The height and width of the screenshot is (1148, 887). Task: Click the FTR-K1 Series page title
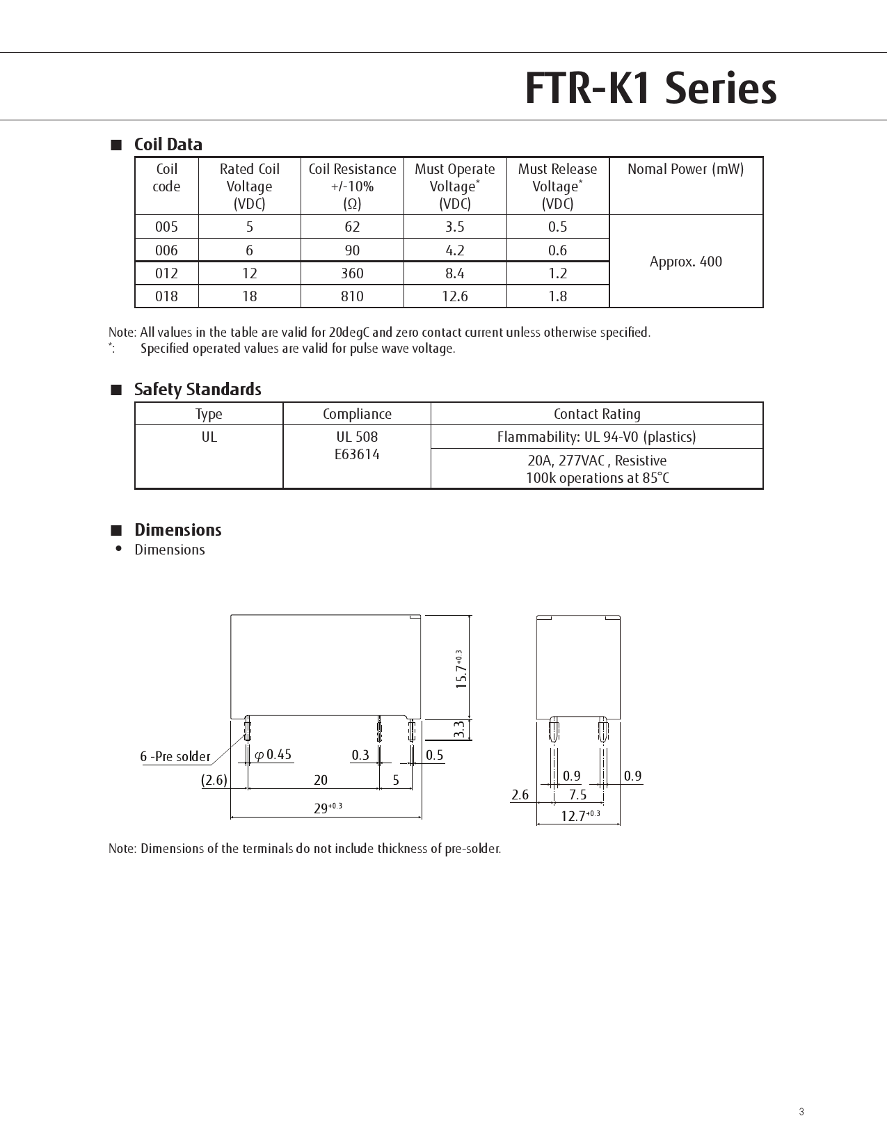(650, 88)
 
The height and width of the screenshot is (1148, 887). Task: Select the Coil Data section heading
(168, 145)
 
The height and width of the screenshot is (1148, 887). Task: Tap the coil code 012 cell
(166, 273)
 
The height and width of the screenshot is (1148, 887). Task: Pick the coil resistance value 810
(352, 296)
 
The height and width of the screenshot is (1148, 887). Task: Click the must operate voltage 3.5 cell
(454, 227)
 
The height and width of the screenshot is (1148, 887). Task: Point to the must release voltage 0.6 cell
(557, 250)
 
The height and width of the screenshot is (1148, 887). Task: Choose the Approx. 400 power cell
(685, 262)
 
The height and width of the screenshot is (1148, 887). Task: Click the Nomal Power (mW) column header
(685, 169)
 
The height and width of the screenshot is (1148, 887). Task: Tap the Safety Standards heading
(198, 390)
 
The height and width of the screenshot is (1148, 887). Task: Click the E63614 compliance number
(357, 454)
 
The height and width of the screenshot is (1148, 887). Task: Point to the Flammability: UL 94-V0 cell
(596, 437)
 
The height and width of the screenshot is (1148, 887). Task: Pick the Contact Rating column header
(596, 414)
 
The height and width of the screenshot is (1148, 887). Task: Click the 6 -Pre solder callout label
(175, 757)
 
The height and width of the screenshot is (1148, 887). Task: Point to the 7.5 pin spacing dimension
(577, 795)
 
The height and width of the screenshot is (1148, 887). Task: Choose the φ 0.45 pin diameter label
(273, 755)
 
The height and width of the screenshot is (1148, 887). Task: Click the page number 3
(801, 1112)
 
